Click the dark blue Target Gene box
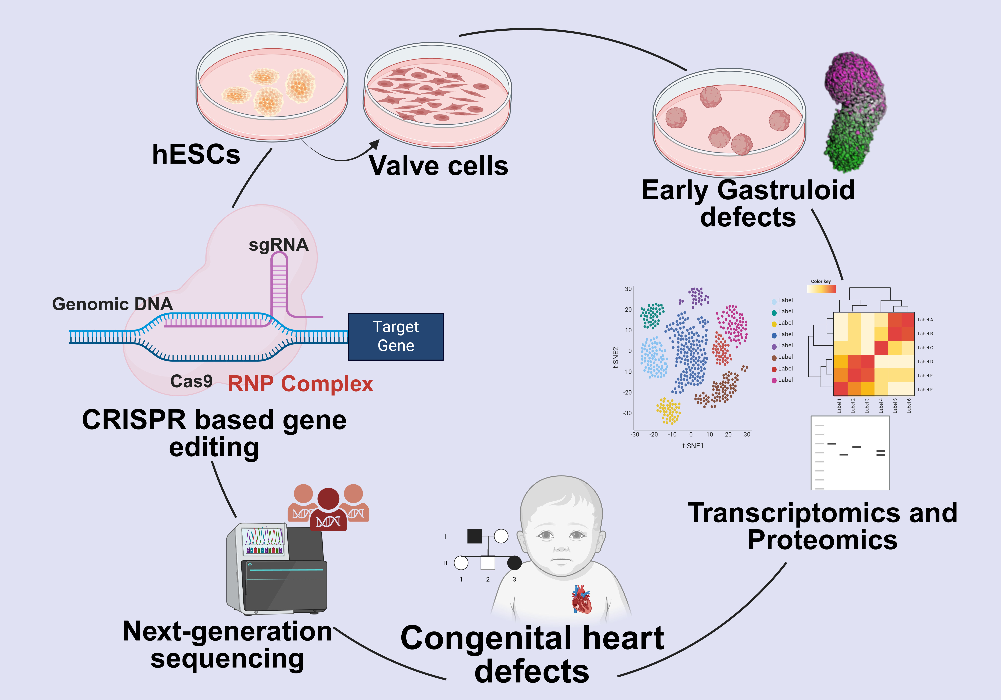[x=395, y=337]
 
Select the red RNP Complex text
[x=300, y=384]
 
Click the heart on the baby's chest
[x=581, y=599]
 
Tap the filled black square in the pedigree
[x=474, y=536]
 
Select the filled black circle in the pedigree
[x=515, y=563]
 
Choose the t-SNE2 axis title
[x=616, y=358]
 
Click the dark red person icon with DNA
[x=328, y=510]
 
